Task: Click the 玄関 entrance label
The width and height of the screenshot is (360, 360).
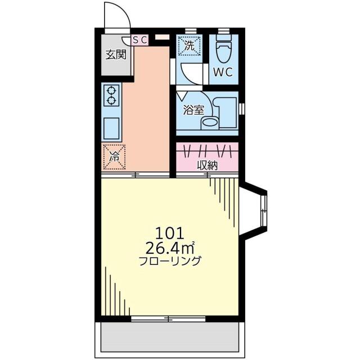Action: point(116,55)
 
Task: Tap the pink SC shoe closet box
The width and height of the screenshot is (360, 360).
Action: point(139,40)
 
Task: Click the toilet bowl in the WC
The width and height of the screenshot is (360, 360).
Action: point(224,49)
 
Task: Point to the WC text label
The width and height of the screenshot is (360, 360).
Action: point(223,72)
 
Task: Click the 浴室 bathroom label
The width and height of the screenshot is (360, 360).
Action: point(193,110)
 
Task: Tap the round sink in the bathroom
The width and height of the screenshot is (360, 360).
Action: point(210,122)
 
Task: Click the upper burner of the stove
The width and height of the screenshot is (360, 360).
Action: point(111,90)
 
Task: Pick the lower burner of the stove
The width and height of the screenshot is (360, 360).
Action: point(111,100)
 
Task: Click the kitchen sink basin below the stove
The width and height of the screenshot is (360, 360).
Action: point(111,128)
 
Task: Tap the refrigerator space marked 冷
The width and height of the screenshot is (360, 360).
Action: point(114,157)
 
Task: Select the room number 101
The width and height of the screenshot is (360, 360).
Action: point(170,233)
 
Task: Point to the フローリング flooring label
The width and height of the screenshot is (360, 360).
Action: point(170,260)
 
